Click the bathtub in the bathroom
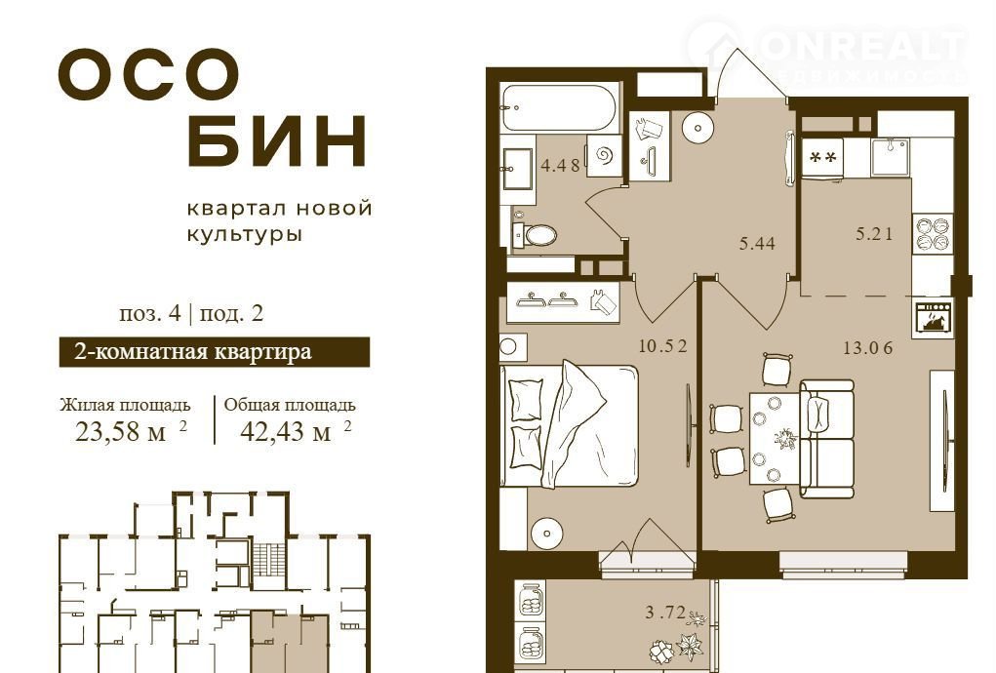[x=559, y=107]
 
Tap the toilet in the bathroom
[x=535, y=234]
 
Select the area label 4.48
[x=560, y=166]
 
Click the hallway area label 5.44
[x=757, y=243]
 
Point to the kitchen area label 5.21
[x=874, y=233]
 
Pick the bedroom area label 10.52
[x=663, y=346]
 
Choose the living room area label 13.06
[x=868, y=347]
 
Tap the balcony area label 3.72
[x=665, y=613]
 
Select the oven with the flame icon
[x=935, y=319]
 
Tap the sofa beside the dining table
[x=826, y=439]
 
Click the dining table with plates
[x=773, y=439]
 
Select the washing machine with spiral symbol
[x=603, y=155]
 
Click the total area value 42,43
[x=285, y=432]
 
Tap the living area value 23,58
[x=121, y=432]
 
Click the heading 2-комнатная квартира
[x=193, y=352]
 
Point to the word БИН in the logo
[x=278, y=140]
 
